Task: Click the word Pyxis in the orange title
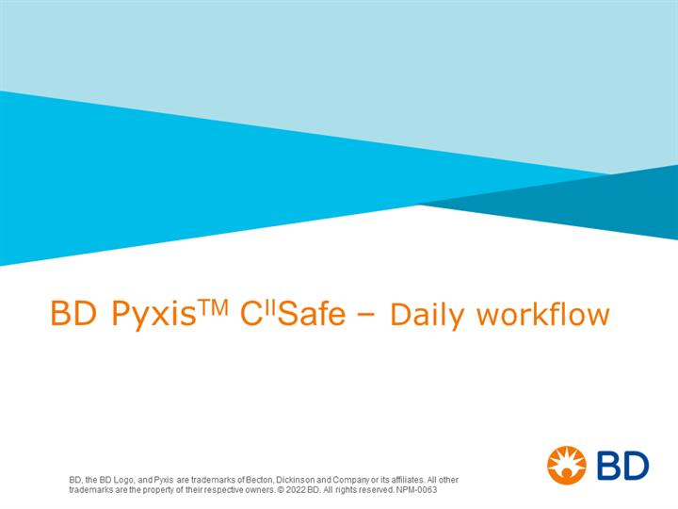coord(153,314)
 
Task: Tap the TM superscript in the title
coord(213,307)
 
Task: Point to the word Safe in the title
coord(312,314)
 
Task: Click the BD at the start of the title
coord(73,313)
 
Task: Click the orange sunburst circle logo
coord(567,466)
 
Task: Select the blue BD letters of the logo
coord(623,466)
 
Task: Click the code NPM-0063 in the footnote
coord(416,490)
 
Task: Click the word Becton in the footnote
coord(260,480)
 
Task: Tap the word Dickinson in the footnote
coord(296,480)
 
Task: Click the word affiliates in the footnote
coord(408,480)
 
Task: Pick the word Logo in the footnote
coord(125,480)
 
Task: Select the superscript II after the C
coord(270,307)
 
